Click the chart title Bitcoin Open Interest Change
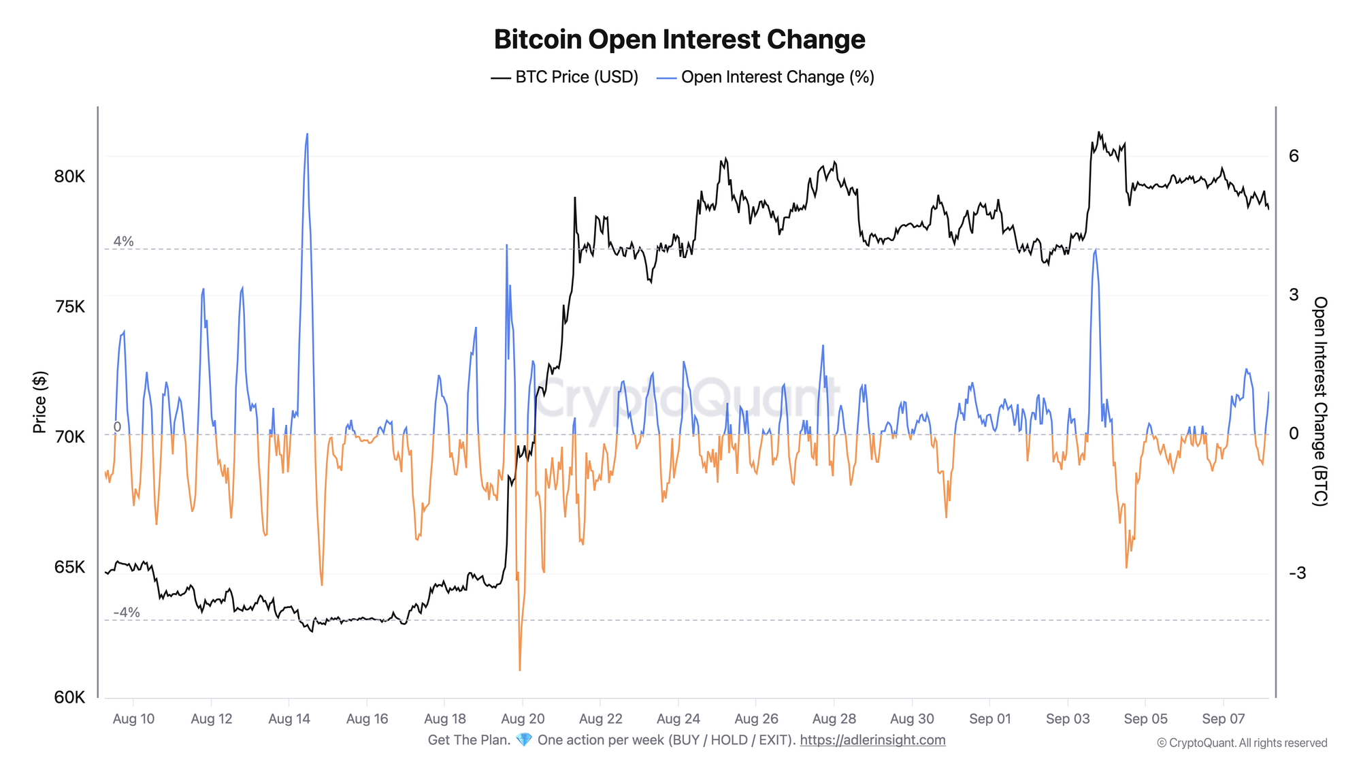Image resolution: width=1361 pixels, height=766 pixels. tap(679, 39)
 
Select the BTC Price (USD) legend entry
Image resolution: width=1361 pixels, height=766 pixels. tap(565, 77)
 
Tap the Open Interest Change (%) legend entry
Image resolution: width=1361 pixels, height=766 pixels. tap(766, 77)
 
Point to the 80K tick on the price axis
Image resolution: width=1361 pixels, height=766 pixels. tap(69, 176)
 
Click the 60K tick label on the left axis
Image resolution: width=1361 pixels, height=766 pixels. tap(69, 697)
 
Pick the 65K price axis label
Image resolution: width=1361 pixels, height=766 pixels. tap(69, 567)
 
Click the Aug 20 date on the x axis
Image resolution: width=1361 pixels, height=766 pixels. tap(523, 718)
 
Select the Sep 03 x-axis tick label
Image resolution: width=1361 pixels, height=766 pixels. tap(1068, 718)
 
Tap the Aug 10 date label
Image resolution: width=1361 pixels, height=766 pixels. tap(133, 718)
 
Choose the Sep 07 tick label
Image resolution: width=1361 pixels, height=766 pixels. tap(1224, 718)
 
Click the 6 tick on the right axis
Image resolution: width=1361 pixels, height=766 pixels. tap(1294, 156)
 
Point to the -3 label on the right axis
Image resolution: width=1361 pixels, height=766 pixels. tap(1297, 573)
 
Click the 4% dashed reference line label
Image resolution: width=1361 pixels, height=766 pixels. tap(123, 241)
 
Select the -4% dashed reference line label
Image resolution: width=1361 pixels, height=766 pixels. tap(126, 612)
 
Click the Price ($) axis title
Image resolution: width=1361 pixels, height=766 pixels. tap(39, 402)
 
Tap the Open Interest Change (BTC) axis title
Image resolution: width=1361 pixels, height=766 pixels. tap(1320, 401)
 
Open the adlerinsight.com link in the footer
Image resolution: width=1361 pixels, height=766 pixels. tap(872, 740)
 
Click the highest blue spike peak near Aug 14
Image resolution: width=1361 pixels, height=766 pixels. tap(307, 134)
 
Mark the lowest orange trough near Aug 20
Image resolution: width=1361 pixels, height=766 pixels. tap(520, 670)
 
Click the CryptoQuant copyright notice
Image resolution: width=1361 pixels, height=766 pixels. tap(1242, 743)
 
